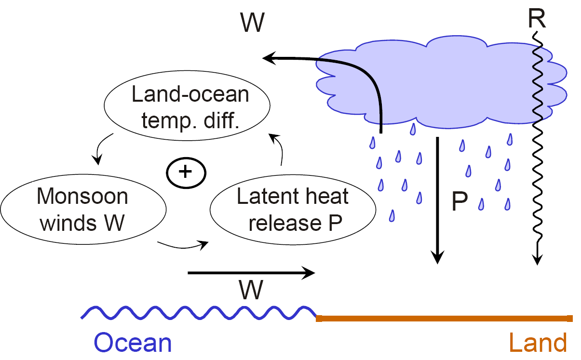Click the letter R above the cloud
pyautogui.click(x=536, y=18)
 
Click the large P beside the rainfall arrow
pyautogui.click(x=459, y=203)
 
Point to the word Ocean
pyautogui.click(x=133, y=343)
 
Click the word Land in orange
pyautogui.click(x=538, y=343)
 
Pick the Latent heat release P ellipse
pyautogui.click(x=293, y=210)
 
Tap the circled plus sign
pyautogui.click(x=186, y=173)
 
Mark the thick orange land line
pyautogui.click(x=444, y=318)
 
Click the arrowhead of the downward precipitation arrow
pyautogui.click(x=437, y=257)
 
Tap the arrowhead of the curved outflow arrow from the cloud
pyautogui.click(x=268, y=59)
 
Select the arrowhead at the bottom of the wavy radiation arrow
pyautogui.click(x=537, y=260)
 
